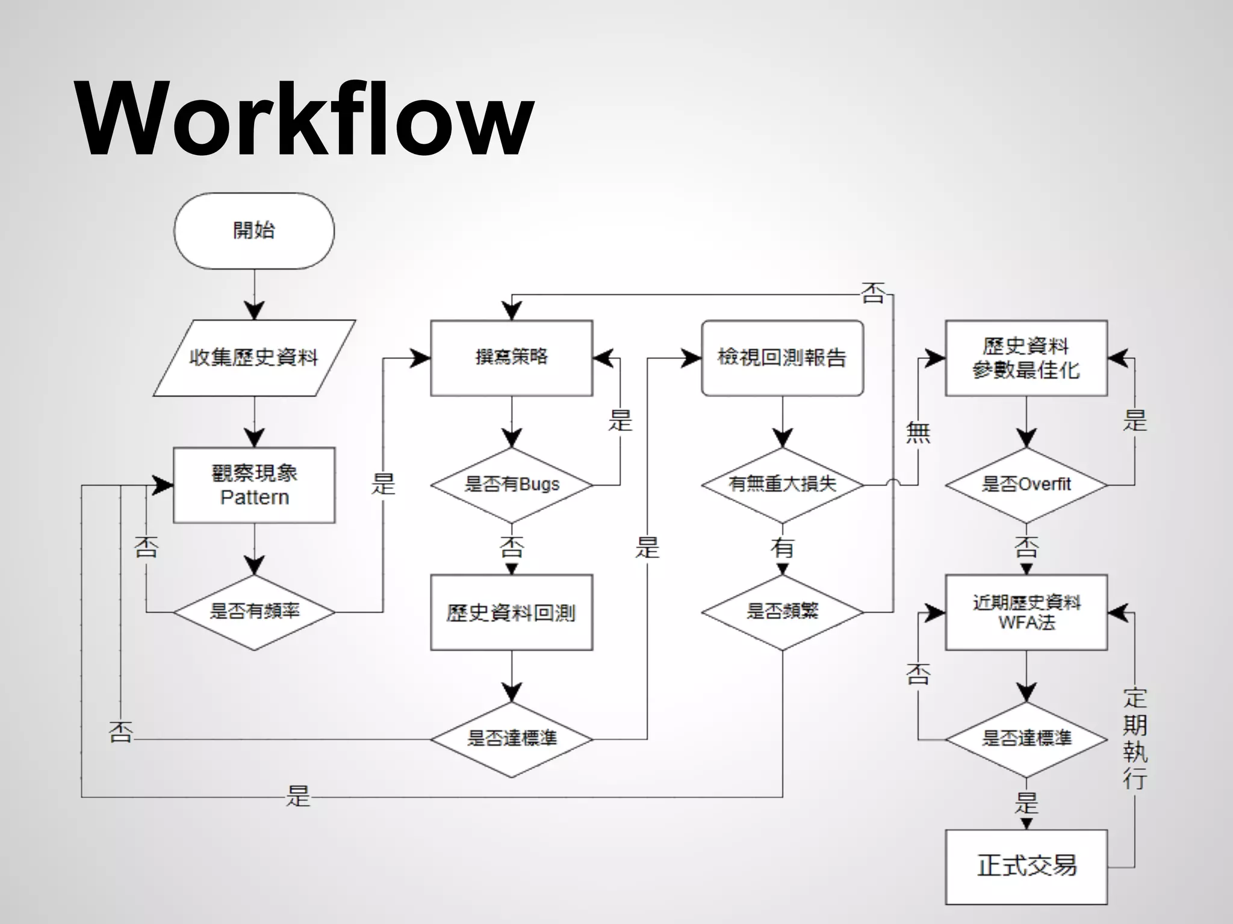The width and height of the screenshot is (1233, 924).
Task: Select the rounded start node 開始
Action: [254, 230]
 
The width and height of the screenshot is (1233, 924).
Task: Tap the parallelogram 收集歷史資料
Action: [254, 358]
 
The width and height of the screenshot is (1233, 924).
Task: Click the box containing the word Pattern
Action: [254, 485]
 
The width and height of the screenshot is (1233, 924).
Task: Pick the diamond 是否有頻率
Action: [254, 612]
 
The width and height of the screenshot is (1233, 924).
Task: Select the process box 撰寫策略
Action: [511, 358]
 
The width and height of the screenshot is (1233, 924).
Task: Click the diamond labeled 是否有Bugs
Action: [511, 485]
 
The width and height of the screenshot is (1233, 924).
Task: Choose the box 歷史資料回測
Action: [511, 612]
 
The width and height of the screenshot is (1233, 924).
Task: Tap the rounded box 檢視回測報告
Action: [782, 358]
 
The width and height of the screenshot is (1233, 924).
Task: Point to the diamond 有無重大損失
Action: [782, 484]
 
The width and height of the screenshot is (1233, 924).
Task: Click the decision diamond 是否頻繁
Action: [782, 612]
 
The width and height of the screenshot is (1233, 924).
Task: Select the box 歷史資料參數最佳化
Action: [1026, 358]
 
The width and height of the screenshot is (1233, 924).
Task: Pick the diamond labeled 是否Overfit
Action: [1026, 484]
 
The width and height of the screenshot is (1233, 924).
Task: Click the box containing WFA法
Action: [1026, 612]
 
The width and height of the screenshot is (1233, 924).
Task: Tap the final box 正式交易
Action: [1026, 867]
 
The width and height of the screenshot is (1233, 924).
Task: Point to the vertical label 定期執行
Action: [1135, 739]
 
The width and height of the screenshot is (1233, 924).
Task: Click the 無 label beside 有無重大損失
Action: [918, 433]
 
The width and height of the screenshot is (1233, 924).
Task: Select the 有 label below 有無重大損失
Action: [782, 547]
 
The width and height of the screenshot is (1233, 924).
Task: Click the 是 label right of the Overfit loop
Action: [1135, 420]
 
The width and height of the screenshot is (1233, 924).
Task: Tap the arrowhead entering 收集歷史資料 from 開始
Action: [255, 310]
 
